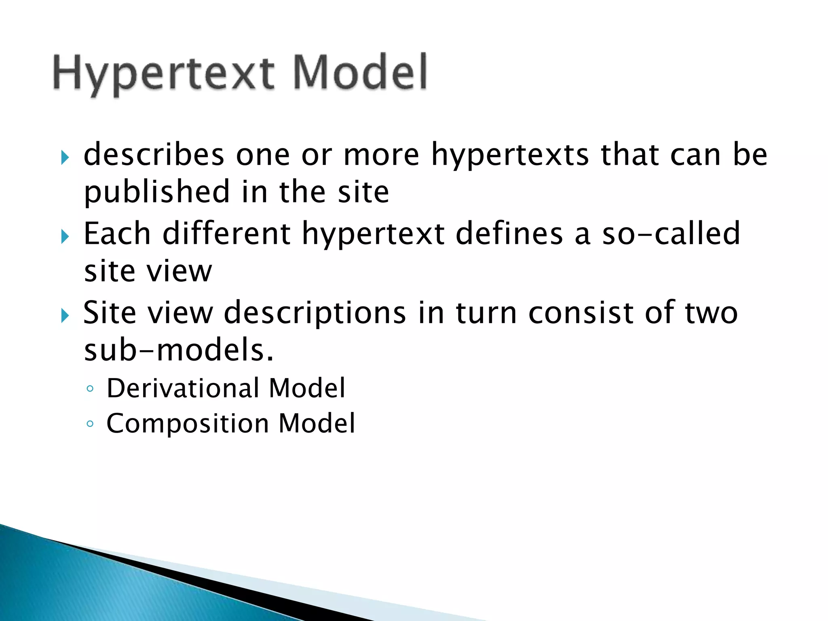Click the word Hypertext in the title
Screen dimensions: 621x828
(x=164, y=75)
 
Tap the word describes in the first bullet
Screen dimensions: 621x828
(x=154, y=155)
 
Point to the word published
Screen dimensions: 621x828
(x=157, y=192)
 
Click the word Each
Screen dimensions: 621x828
(x=117, y=234)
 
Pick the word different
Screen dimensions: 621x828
(x=226, y=234)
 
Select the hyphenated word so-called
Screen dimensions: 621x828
(x=671, y=234)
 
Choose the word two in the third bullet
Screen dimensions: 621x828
(x=711, y=313)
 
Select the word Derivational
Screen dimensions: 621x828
(x=182, y=388)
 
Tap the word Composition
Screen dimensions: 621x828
(x=188, y=424)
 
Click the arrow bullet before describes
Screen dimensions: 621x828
(x=65, y=157)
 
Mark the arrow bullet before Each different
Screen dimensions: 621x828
(x=65, y=237)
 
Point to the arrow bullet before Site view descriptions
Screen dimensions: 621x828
(x=65, y=316)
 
